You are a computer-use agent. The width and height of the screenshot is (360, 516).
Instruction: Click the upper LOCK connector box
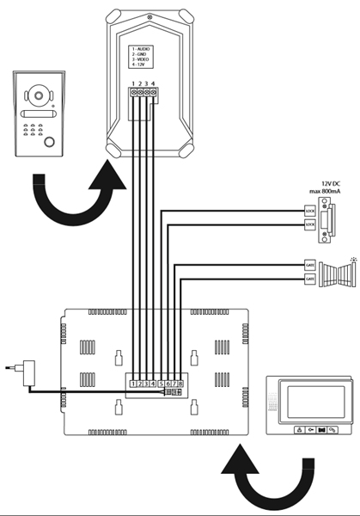point(310,209)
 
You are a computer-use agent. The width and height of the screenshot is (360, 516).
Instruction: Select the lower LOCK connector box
point(310,224)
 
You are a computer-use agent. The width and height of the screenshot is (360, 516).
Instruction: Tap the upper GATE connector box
point(310,265)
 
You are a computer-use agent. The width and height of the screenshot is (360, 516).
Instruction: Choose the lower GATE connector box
point(310,279)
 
